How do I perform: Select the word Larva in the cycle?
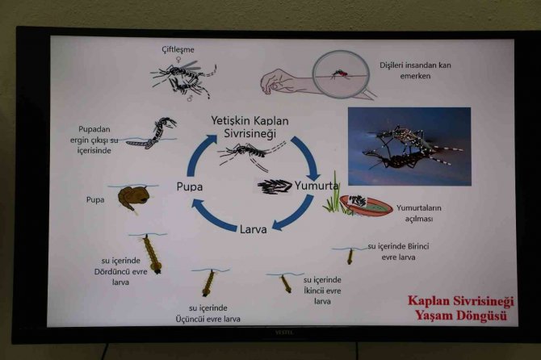click(253, 229)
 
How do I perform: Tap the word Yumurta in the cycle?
click(318, 186)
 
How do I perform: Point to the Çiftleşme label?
click(178, 50)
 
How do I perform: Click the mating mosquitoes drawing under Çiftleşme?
click(184, 76)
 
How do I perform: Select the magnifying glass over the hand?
click(341, 74)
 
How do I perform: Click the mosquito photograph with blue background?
click(409, 146)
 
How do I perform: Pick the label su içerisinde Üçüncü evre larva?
click(208, 312)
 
